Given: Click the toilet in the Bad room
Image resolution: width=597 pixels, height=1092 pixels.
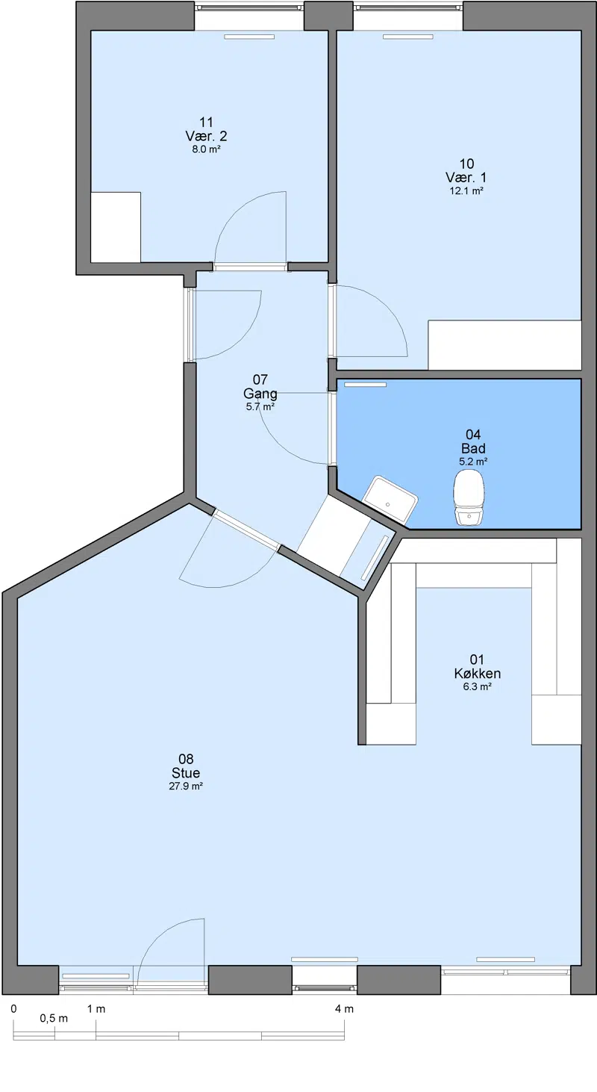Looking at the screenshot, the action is pyautogui.click(x=469, y=497).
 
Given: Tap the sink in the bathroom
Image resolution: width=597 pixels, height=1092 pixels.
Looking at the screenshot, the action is pyautogui.click(x=390, y=500).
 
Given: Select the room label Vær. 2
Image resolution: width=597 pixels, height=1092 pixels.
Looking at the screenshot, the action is pyautogui.click(x=206, y=136).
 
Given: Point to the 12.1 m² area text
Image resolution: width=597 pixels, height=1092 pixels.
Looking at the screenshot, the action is pyautogui.click(x=466, y=190).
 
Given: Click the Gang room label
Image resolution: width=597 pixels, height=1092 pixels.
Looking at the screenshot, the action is pyautogui.click(x=260, y=394).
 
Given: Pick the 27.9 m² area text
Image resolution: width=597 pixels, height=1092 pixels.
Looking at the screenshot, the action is pyautogui.click(x=186, y=786).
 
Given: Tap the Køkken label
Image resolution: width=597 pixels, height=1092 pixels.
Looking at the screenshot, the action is pyautogui.click(x=477, y=673).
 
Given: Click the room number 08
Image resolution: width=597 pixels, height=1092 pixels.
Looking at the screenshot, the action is pyautogui.click(x=186, y=759).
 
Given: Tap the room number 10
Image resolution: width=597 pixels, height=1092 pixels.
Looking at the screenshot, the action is pyautogui.click(x=466, y=164).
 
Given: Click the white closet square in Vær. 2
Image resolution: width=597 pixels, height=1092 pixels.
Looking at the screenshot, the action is pyautogui.click(x=116, y=227).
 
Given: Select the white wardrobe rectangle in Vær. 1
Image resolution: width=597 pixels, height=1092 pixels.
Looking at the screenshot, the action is pyautogui.click(x=504, y=344).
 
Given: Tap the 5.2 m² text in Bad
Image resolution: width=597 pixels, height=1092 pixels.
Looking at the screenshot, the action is pyautogui.click(x=473, y=461).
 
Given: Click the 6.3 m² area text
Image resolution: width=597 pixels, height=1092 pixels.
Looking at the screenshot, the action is pyautogui.click(x=477, y=686).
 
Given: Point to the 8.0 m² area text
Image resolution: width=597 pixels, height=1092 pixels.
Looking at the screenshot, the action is pyautogui.click(x=206, y=149).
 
